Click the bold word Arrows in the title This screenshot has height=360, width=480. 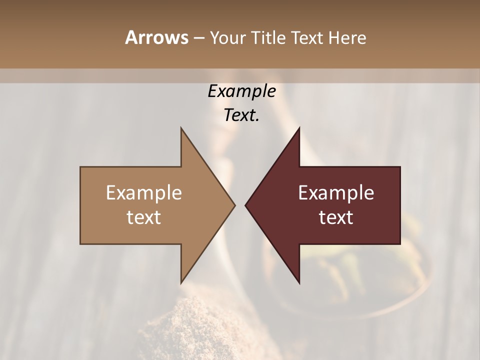tap(155, 37)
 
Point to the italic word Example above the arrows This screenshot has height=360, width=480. tap(242, 91)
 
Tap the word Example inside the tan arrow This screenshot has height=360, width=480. tap(144, 193)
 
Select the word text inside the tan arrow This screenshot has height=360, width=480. tap(144, 217)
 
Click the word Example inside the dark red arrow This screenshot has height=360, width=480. tap(336, 193)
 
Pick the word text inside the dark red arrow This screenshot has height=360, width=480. tap(336, 217)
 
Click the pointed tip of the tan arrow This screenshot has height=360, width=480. tap(234, 205)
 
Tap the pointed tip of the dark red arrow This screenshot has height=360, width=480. tap(246, 205)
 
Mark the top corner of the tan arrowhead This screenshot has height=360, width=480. tap(181, 128)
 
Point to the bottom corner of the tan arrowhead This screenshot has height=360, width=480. tap(181, 282)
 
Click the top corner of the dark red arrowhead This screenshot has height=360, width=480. tap(299, 128)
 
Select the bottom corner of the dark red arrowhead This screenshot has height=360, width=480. tap(299, 282)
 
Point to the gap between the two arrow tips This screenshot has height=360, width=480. tap(240, 205)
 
